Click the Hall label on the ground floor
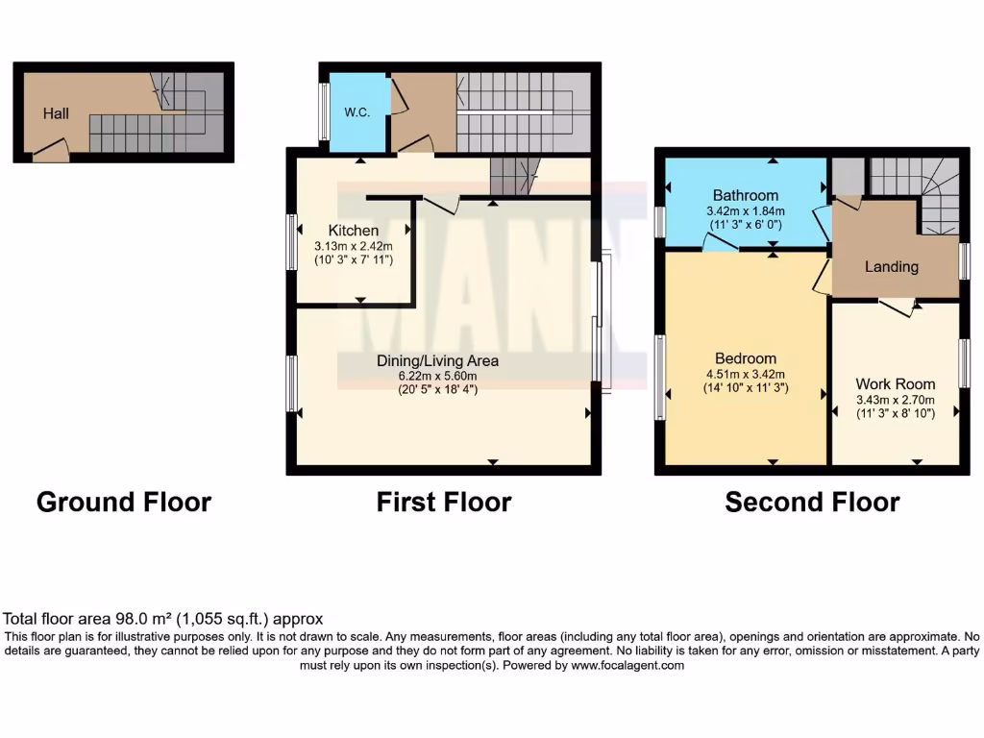point(56,113)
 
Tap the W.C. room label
point(357,112)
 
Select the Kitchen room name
point(353,231)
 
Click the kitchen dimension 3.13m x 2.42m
point(353,246)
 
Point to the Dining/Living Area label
point(437,361)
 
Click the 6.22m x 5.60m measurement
point(437,376)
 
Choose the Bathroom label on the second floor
point(746,196)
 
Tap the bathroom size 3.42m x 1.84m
point(746,211)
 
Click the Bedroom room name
point(746,359)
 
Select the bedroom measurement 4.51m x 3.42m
point(746,375)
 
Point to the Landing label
point(891,267)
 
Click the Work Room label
point(895,384)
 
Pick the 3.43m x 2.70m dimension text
point(895,400)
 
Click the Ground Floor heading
point(123,502)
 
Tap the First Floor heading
point(444,502)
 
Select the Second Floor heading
point(812,502)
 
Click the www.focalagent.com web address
point(628,665)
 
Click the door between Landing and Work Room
point(897,306)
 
